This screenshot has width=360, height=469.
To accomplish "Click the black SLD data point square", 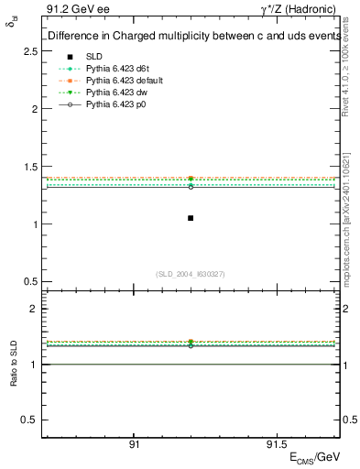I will [x=191, y=218].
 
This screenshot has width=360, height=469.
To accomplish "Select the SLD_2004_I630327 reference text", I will [x=191, y=274].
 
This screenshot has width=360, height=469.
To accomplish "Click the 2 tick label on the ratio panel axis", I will [x=35, y=309].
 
